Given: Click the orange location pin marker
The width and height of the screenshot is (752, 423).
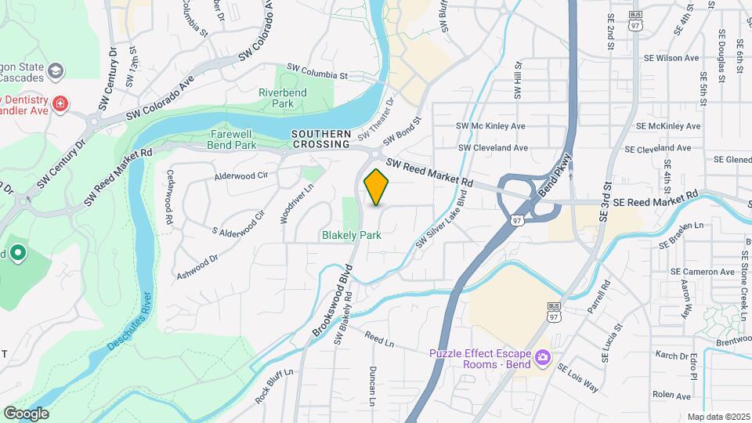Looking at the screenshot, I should pyautogui.click(x=376, y=186).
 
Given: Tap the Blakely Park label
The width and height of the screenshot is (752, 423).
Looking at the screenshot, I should pyautogui.click(x=352, y=235).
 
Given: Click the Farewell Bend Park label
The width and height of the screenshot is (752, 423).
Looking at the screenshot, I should pyautogui.click(x=233, y=139).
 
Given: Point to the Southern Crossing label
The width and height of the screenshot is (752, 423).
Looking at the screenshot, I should pyautogui.click(x=321, y=139).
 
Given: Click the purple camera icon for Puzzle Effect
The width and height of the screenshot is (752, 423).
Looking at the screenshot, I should pyautogui.click(x=541, y=358).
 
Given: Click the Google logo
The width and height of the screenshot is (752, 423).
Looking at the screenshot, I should pyautogui.click(x=26, y=413).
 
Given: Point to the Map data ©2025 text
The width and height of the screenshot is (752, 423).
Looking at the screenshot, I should pyautogui.click(x=718, y=417).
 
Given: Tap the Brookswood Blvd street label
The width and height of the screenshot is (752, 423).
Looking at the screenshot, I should pyautogui.click(x=334, y=301).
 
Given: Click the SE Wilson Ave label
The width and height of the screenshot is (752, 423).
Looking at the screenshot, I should pyautogui.click(x=670, y=58).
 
